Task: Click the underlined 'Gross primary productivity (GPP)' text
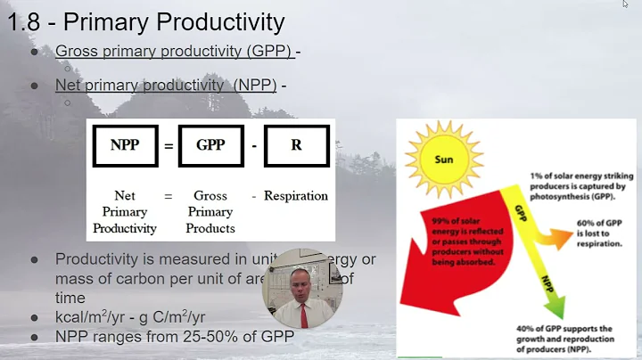pos(174,51)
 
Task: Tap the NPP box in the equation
pos(125,145)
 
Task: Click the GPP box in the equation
pos(210,145)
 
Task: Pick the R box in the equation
pos(295,145)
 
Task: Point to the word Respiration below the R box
pos(295,195)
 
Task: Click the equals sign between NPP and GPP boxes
pos(168,145)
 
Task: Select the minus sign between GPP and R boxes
pos(253,145)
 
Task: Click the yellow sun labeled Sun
pos(443,160)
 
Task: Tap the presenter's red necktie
pos(303,314)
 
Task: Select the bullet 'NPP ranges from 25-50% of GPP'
pos(175,337)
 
